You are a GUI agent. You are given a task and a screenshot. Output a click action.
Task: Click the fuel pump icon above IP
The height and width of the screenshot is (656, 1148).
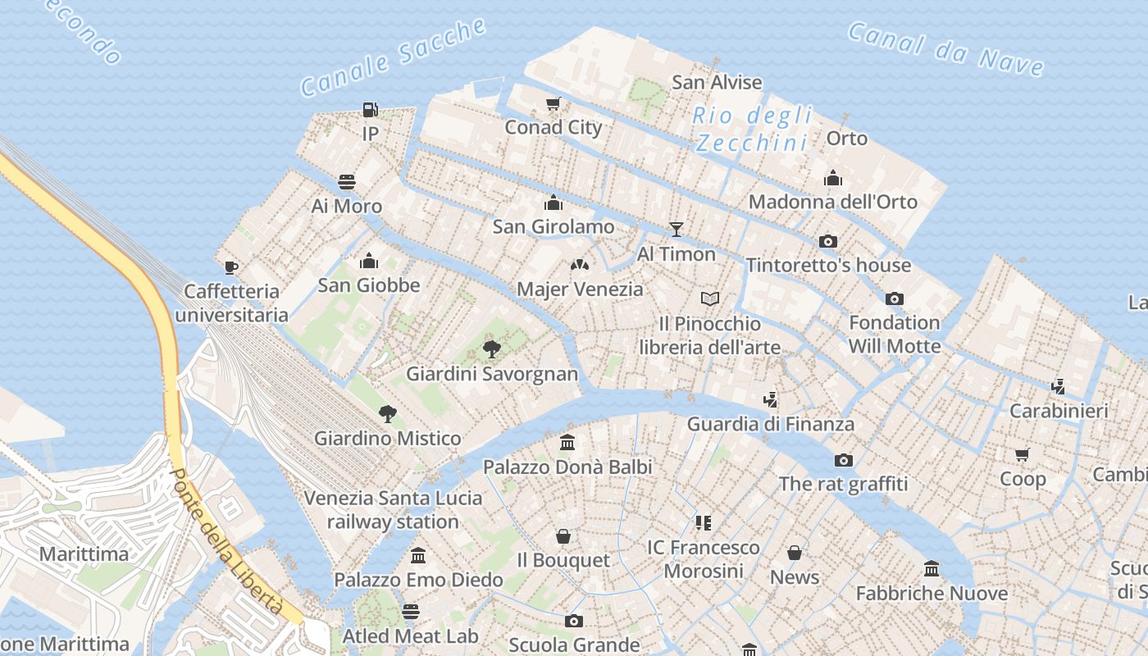click(x=370, y=109)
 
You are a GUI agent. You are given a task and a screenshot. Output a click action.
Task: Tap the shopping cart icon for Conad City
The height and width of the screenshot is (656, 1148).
click(x=553, y=104)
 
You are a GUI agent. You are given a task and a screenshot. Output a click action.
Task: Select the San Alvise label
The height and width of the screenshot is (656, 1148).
click(x=717, y=83)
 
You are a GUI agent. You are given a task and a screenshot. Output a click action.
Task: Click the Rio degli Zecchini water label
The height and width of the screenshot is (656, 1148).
click(x=752, y=130)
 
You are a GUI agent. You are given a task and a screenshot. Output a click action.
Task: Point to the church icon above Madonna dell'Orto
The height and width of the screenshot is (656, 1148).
click(x=833, y=178)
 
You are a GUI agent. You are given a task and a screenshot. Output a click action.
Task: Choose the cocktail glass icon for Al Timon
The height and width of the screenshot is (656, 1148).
click(x=676, y=229)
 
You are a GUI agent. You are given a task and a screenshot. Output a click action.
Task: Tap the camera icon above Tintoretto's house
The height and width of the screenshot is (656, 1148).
click(x=828, y=241)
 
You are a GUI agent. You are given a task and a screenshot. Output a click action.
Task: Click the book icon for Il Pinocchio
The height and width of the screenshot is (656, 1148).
click(x=709, y=298)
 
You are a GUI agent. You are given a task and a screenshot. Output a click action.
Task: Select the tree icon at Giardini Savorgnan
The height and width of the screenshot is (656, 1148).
click(x=492, y=349)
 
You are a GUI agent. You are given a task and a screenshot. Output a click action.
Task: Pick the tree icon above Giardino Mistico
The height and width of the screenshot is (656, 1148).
click(x=387, y=413)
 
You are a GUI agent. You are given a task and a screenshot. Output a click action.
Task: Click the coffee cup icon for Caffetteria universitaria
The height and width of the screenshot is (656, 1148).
click(x=231, y=266)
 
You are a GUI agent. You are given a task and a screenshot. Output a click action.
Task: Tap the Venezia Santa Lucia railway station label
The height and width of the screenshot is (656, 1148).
click(x=393, y=509)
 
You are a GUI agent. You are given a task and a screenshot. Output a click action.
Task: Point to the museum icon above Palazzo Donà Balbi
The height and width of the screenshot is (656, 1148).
click(x=567, y=443)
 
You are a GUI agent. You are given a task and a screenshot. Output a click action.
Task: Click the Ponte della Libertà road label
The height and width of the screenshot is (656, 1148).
click(x=227, y=543)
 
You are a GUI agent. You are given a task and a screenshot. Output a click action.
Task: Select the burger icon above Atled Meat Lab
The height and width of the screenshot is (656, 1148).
click(x=411, y=612)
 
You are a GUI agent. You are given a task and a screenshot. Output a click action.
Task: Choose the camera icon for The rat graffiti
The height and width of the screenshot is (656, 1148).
click(x=843, y=460)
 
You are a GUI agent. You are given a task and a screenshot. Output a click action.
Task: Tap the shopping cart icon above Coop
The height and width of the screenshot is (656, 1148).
click(x=1023, y=454)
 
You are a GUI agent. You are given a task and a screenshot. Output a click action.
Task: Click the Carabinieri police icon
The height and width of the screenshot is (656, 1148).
click(x=1059, y=386)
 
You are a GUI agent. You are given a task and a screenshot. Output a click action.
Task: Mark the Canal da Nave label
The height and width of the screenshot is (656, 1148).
click(x=945, y=50)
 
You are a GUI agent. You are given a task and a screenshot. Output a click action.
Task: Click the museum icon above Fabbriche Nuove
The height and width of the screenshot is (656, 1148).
click(x=932, y=568)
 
